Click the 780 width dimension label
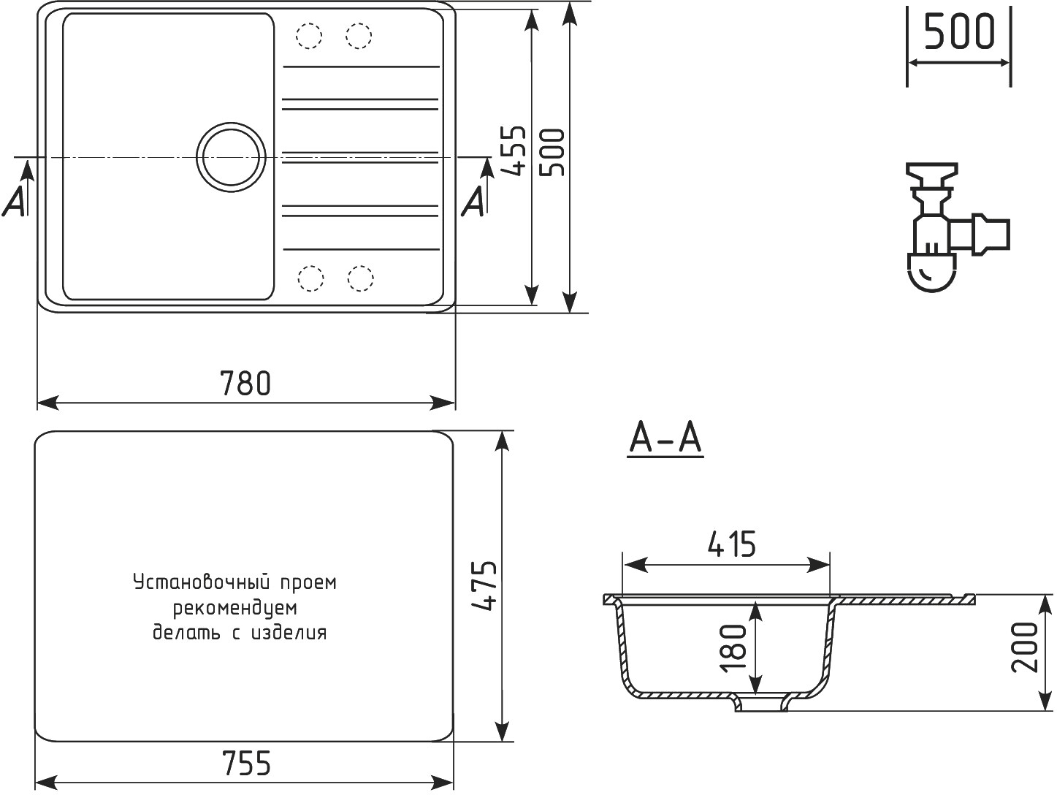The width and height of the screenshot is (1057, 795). point(245,383)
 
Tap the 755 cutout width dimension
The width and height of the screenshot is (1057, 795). point(245,763)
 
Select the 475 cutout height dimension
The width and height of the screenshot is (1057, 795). point(483,586)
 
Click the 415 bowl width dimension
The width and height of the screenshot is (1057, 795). point(732,544)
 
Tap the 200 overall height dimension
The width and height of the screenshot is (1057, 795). point(1026,647)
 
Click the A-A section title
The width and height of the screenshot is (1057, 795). point(665,439)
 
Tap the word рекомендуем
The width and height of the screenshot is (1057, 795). point(234,608)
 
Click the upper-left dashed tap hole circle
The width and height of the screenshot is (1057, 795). point(309,35)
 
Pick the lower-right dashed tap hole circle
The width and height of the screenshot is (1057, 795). point(360,278)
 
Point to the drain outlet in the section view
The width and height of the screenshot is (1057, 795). point(762,704)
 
